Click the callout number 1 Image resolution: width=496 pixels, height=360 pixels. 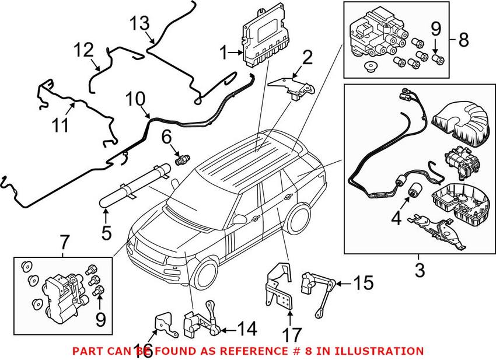coord(223,54)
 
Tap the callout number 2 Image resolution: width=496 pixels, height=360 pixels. coord(307,57)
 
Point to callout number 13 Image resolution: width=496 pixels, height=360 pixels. coord(140,24)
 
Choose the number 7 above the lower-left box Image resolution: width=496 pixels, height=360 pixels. coord(64,240)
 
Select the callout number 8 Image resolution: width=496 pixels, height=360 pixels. coord(463,40)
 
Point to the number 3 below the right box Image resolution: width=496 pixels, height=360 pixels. coord(420,270)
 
